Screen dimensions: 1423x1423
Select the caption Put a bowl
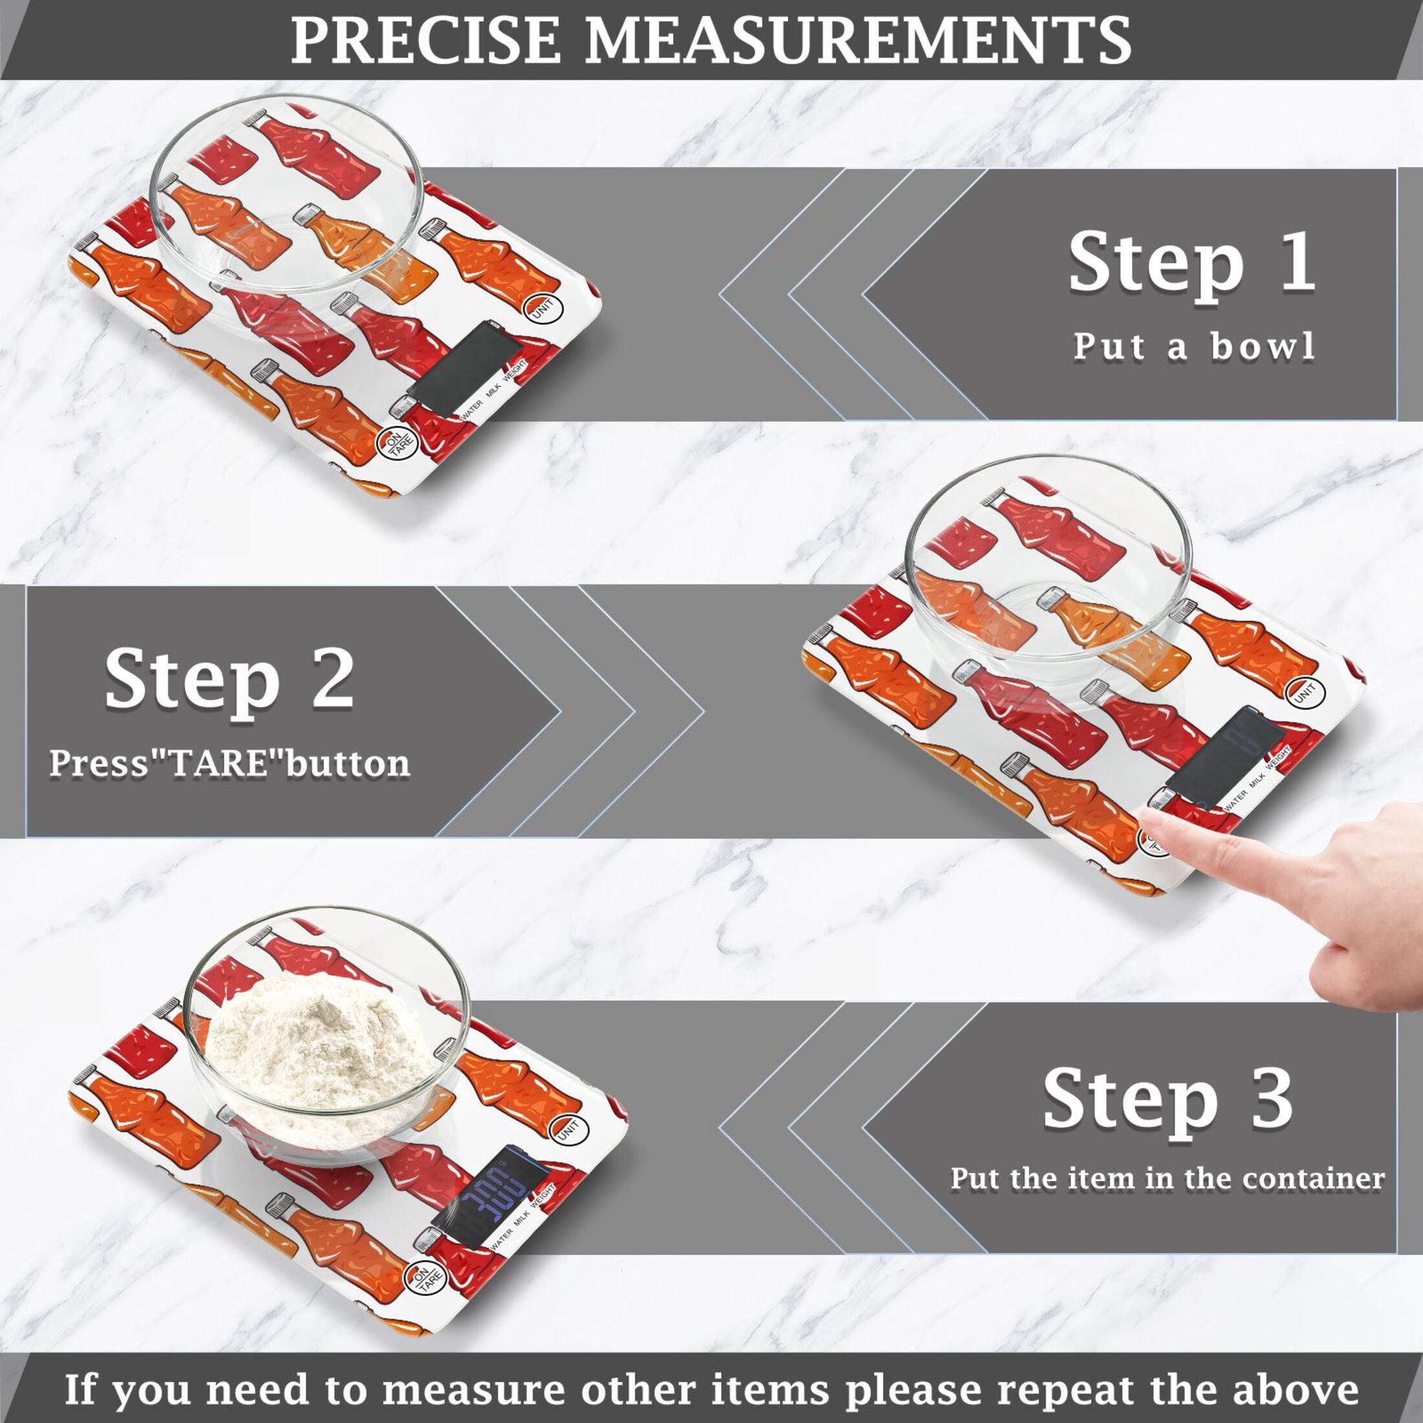(x=1193, y=345)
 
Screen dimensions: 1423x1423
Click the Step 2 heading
(x=229, y=680)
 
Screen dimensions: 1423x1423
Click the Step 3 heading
(x=1168, y=1100)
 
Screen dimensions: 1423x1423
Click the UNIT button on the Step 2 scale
(x=1305, y=693)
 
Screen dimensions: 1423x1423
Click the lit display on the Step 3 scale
(x=490, y=1185)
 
